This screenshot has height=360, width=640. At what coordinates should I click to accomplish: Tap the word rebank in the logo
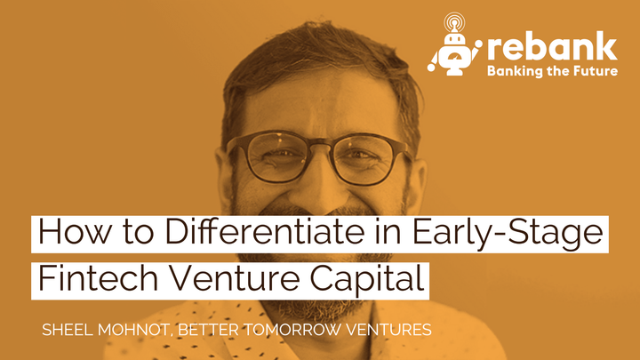pyautogui.click(x=552, y=45)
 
